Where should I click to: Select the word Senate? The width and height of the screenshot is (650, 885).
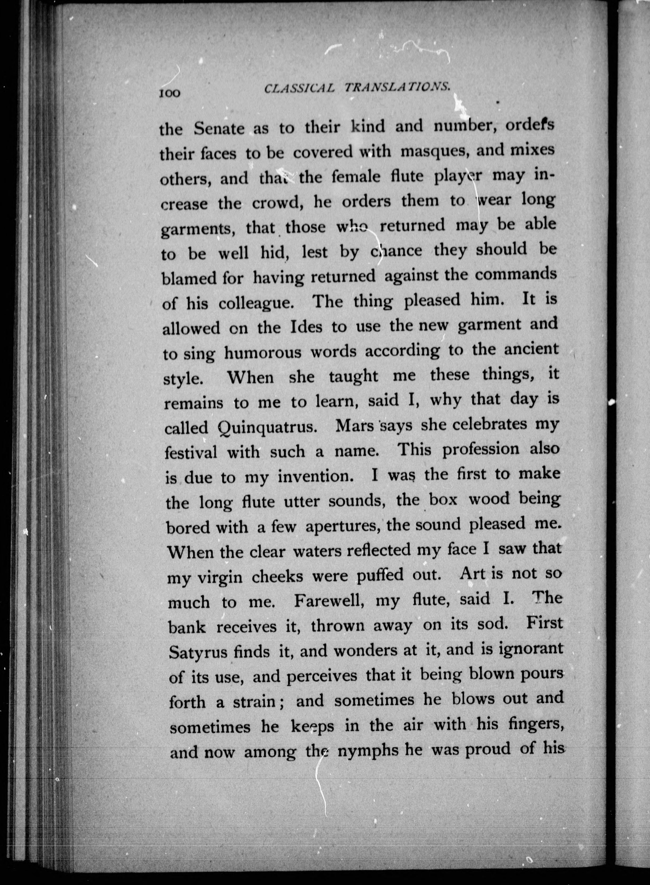pyautogui.click(x=219, y=129)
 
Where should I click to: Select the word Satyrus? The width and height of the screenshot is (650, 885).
pyautogui.click(x=198, y=652)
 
